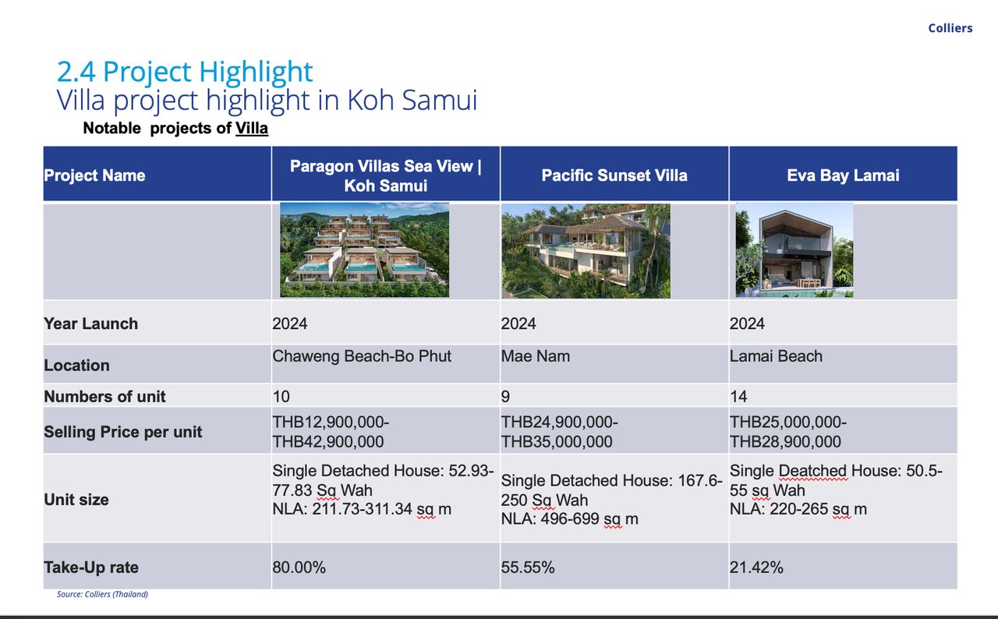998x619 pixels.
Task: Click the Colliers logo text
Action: click(950, 28)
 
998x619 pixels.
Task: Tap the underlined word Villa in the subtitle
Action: click(252, 129)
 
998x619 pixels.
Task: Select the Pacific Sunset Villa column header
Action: click(614, 175)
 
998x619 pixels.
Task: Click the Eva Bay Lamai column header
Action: click(843, 175)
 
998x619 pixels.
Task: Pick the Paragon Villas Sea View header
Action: click(386, 176)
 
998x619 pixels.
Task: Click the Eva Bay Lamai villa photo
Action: click(795, 250)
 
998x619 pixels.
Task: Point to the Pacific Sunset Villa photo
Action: click(586, 251)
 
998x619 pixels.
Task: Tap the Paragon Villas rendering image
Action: click(364, 249)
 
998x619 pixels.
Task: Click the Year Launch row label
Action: click(91, 324)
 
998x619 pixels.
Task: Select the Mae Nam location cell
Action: click(536, 356)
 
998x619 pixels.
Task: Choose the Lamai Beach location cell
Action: click(776, 356)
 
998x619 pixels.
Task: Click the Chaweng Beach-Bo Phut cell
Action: click(362, 357)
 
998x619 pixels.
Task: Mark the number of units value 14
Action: click(738, 396)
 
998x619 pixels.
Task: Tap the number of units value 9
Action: click(506, 396)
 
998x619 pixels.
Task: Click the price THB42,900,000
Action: click(328, 442)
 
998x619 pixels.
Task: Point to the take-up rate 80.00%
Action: click(299, 568)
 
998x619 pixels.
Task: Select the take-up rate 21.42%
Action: click(756, 568)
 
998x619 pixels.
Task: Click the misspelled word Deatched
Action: click(813, 471)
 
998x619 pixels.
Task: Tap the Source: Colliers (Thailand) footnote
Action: click(102, 594)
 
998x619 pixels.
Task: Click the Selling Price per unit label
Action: click(123, 432)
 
